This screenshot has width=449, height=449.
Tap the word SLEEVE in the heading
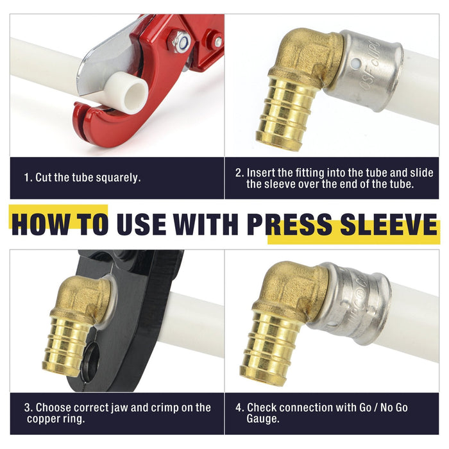tap(389, 224)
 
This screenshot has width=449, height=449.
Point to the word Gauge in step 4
tap(262, 419)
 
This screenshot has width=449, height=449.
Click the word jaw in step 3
tap(119, 408)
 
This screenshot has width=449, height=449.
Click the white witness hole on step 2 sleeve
tap(355, 62)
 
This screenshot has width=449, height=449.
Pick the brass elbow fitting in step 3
tap(78, 323)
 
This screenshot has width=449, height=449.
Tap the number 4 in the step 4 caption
tap(239, 408)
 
